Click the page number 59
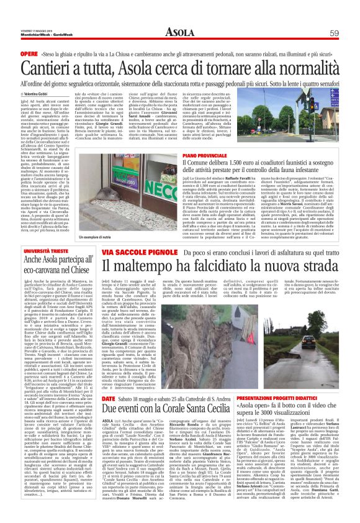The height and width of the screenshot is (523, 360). pyautogui.click(x=333, y=33)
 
